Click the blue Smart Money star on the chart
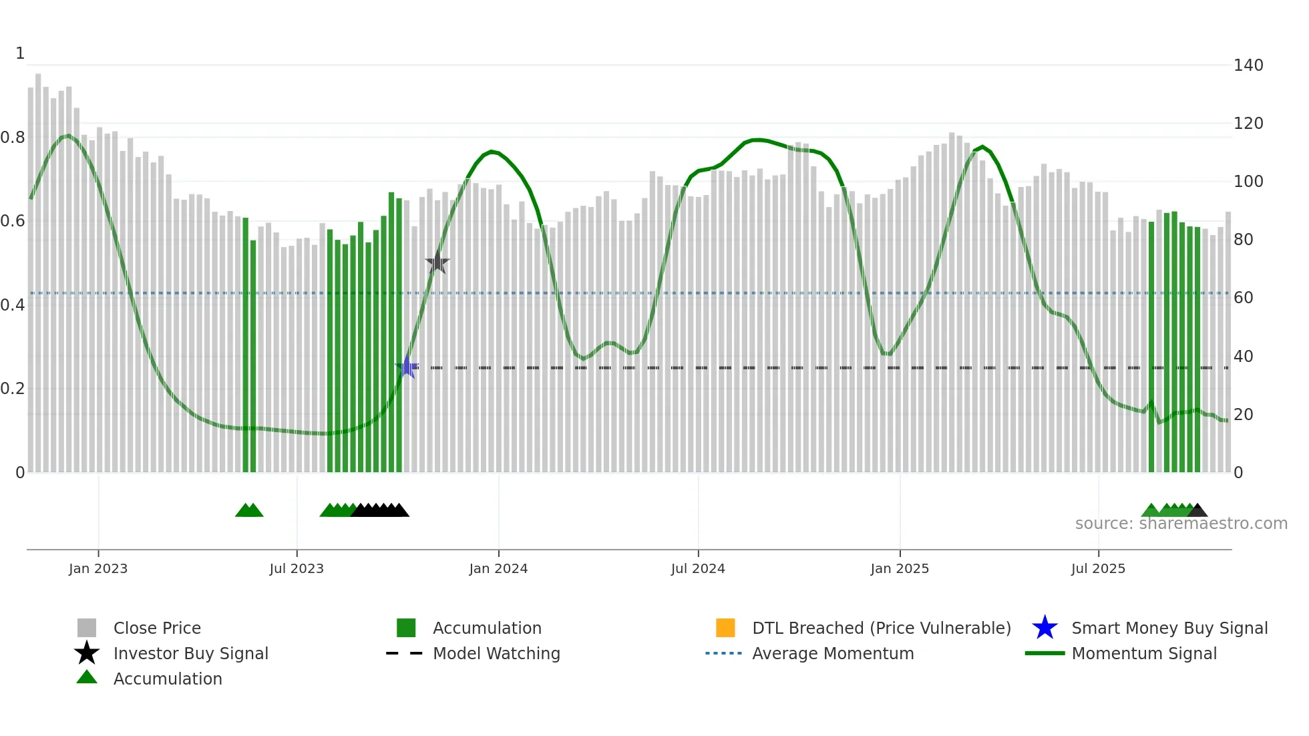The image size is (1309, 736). [407, 367]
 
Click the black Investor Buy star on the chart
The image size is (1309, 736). [437, 262]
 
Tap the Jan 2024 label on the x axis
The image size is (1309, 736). [498, 568]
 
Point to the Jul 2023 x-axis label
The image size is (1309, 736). [297, 568]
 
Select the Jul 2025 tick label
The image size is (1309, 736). [1098, 568]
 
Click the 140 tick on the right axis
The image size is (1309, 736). [1248, 65]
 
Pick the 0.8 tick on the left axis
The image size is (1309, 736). [13, 138]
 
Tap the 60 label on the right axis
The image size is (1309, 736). [1244, 298]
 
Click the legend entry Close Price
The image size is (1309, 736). [157, 628]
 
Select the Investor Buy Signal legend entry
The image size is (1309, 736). [190, 653]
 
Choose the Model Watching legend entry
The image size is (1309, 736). [496, 653]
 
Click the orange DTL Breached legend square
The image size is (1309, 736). [725, 628]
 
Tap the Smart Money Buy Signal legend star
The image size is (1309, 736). [1045, 628]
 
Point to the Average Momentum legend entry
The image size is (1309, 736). [833, 653]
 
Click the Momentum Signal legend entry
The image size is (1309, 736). [1144, 653]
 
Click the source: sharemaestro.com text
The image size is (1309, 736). [1181, 524]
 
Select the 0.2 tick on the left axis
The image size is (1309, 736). [13, 389]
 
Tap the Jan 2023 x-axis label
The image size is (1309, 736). [98, 568]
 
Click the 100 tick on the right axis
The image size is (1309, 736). [1248, 182]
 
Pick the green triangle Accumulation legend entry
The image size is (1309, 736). [168, 679]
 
